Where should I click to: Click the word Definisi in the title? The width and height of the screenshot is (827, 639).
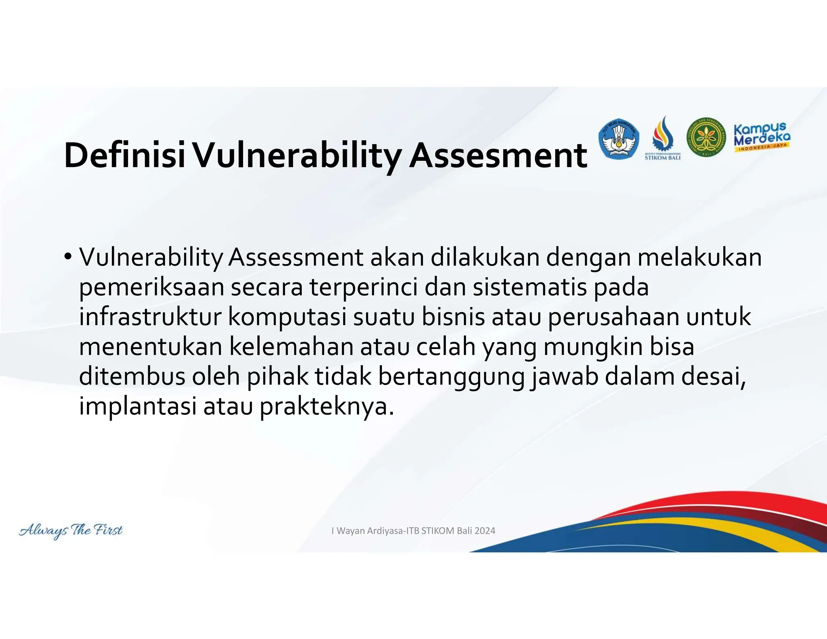pyautogui.click(x=124, y=156)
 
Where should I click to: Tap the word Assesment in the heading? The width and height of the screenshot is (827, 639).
pyautogui.click(x=498, y=156)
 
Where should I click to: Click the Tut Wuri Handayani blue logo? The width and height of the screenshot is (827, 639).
pyautogui.click(x=619, y=139)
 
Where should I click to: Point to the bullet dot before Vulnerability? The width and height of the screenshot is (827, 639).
pyautogui.click(x=67, y=257)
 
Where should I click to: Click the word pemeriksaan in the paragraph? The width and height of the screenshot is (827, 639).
pyautogui.click(x=151, y=288)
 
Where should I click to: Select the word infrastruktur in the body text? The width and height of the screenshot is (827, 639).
pyautogui.click(x=150, y=317)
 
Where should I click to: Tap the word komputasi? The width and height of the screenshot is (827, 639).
pyautogui.click(x=287, y=317)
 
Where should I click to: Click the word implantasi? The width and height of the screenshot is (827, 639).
pyautogui.click(x=138, y=406)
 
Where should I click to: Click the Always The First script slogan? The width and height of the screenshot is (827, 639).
pyautogui.click(x=71, y=530)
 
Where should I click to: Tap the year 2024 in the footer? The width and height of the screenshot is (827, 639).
pyautogui.click(x=485, y=531)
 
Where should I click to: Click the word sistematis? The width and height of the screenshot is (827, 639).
pyautogui.click(x=529, y=288)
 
